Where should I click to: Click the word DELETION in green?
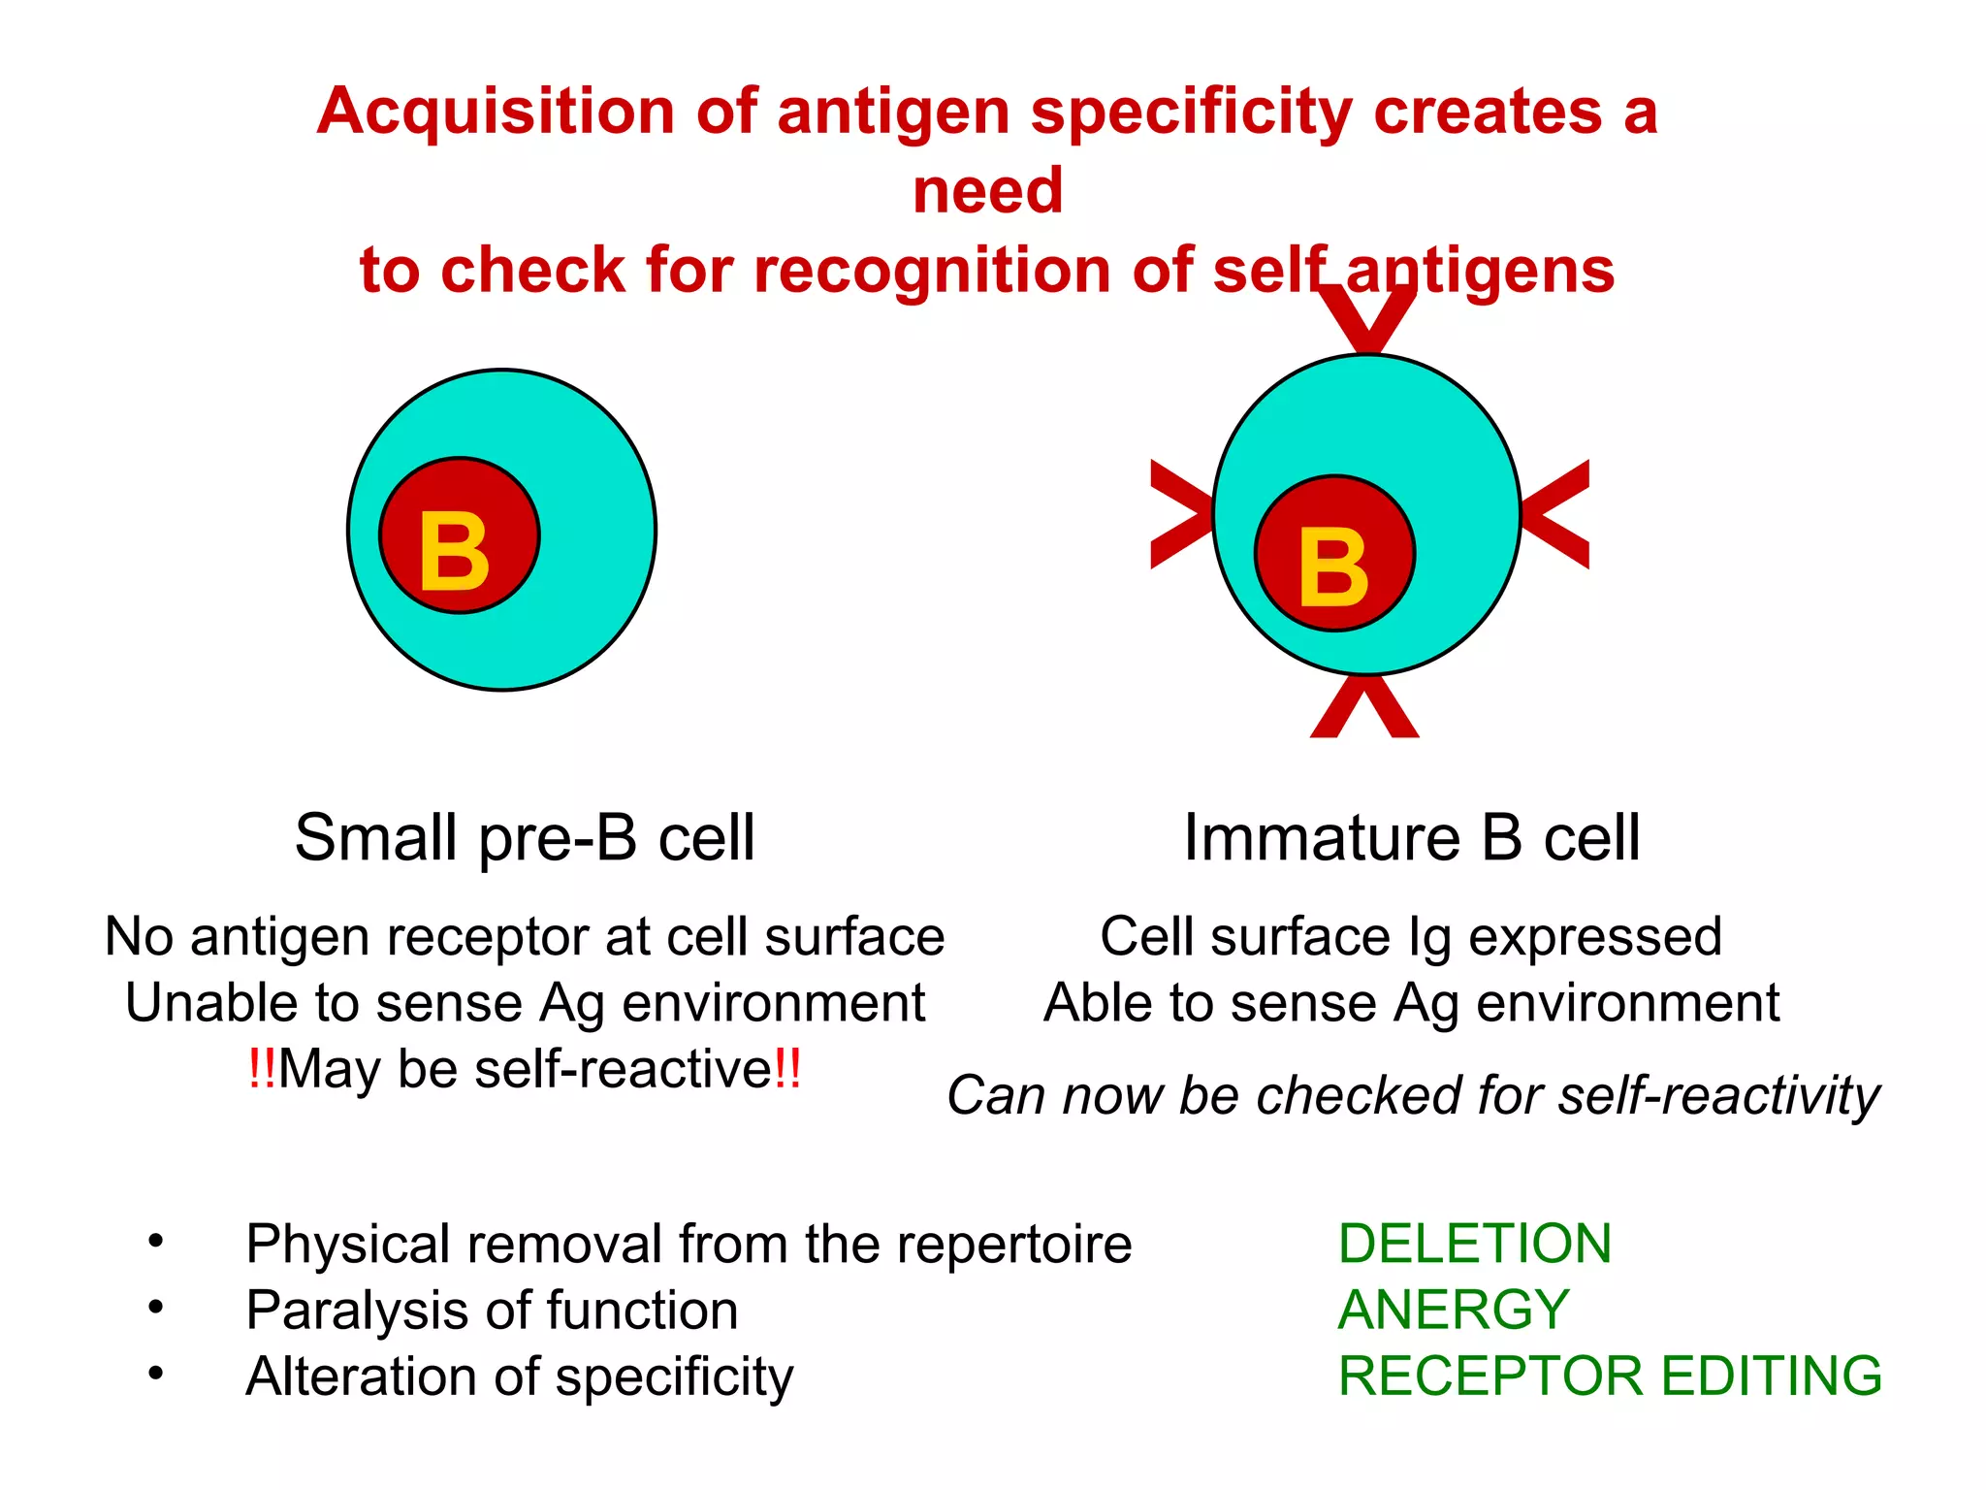pos(1474,1244)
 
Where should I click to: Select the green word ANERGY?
pos(1453,1310)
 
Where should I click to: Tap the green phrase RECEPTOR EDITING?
pos(1610,1376)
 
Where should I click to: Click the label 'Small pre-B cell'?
pos(525,837)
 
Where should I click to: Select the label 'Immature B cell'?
pos(1411,837)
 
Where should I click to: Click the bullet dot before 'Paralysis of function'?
pos(155,1307)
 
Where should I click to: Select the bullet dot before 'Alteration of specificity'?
pos(155,1373)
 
